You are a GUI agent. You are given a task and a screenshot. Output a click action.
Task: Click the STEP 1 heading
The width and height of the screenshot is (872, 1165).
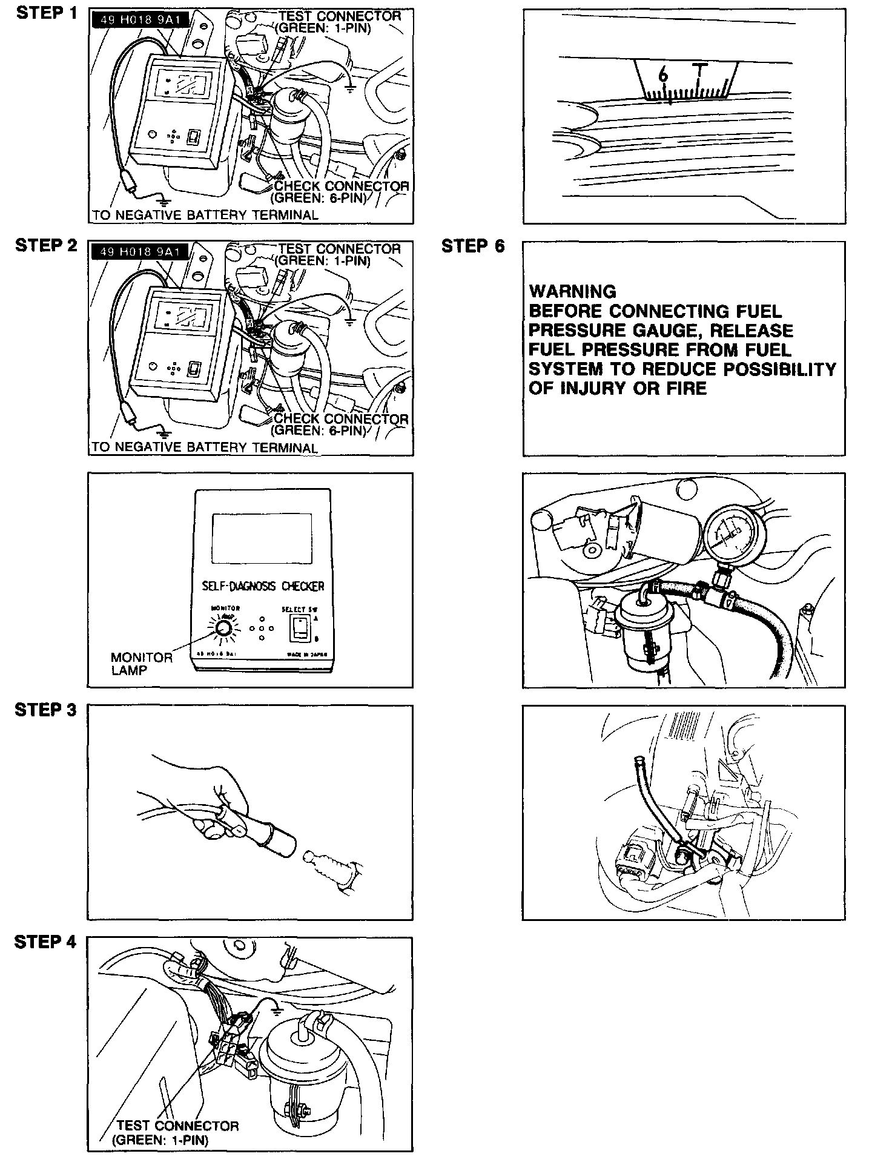(46, 13)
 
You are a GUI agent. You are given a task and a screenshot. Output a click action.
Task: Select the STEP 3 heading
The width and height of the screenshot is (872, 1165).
(46, 710)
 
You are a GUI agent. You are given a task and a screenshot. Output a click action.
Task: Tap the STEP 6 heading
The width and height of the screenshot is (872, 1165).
(472, 246)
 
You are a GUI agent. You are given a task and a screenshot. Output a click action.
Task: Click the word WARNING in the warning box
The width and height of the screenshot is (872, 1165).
(572, 291)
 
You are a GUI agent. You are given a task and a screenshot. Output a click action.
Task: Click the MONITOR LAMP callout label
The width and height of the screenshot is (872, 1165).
(141, 664)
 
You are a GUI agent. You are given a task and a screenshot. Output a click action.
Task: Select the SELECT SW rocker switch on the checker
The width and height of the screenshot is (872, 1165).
(299, 629)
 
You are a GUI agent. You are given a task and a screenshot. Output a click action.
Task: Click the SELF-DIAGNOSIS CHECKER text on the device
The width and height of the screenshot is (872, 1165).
(262, 586)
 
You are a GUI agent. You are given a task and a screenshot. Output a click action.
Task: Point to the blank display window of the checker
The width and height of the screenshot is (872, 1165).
(262, 538)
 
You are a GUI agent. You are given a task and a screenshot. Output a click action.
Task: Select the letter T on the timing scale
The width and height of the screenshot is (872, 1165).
(700, 71)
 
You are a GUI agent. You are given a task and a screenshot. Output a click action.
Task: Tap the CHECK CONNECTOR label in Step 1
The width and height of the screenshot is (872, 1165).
(342, 186)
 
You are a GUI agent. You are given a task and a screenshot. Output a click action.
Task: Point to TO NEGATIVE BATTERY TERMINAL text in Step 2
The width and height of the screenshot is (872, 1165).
(204, 447)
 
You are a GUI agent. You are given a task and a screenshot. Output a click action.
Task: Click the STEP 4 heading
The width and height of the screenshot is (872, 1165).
(46, 942)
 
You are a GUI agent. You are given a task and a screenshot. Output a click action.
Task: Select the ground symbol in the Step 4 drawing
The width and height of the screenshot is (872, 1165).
(276, 1012)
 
